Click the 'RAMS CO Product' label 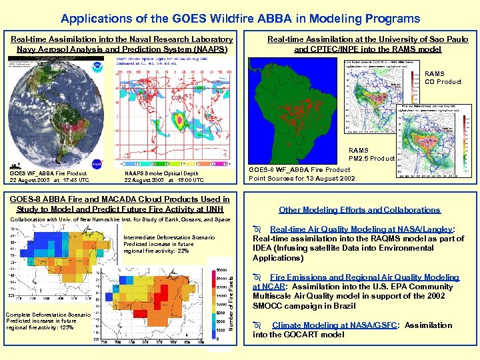point(443,78)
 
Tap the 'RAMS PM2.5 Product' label point(372,155)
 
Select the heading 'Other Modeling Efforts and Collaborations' point(359,209)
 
